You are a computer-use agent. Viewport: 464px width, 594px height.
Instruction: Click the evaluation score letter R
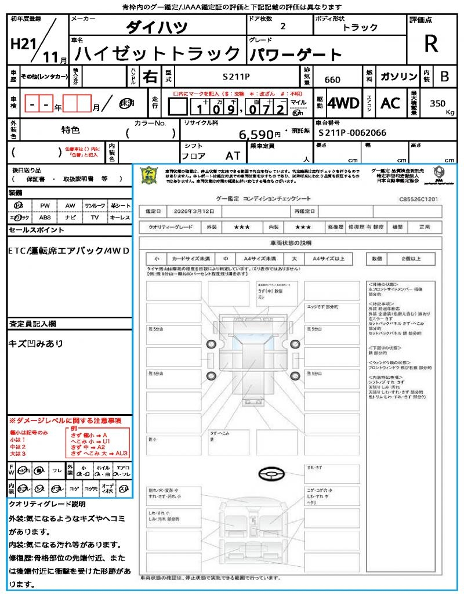point(430,44)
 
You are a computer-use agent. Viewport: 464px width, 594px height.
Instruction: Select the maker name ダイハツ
point(157,27)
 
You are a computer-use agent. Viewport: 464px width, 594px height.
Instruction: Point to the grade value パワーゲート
point(296,55)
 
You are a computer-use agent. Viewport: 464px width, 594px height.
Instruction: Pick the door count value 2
point(282,26)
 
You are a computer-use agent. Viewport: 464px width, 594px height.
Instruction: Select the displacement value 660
point(332,79)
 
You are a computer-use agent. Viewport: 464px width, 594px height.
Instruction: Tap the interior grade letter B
point(444,77)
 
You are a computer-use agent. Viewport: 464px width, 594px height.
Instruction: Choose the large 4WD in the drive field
point(343,103)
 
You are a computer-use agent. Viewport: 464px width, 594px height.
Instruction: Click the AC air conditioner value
point(390,103)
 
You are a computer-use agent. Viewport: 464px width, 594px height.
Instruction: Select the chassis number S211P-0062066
point(352,133)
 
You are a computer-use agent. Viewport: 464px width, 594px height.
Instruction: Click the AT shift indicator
point(233,155)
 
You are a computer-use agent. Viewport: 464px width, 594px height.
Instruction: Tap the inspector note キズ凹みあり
point(36,343)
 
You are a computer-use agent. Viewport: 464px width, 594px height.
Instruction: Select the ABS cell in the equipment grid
point(45,218)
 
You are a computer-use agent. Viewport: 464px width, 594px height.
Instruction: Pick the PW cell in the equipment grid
point(45,206)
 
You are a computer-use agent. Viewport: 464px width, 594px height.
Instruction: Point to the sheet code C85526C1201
point(418,198)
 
